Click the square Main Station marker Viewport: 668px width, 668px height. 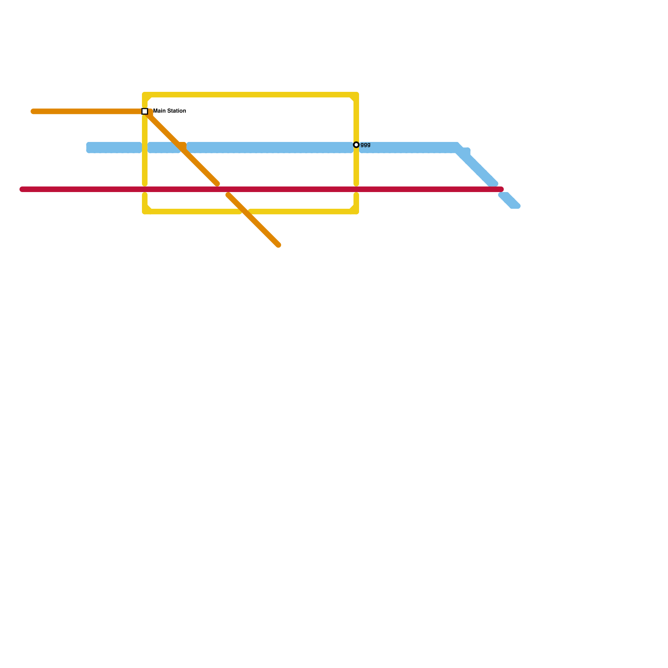[x=145, y=111]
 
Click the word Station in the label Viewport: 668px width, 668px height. [x=175, y=111]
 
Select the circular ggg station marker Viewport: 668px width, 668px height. [x=356, y=145]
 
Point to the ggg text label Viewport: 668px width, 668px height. [x=365, y=145]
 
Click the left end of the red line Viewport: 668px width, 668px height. [x=22, y=190]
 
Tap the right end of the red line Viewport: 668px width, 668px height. [x=501, y=190]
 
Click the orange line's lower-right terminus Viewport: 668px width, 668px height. [x=278, y=245]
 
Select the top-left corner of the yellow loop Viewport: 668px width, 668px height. [x=145, y=95]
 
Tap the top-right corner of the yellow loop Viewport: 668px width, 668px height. [x=356, y=95]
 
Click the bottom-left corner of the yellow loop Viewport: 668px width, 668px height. [x=145, y=212]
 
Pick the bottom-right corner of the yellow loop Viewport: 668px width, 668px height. [x=356, y=212]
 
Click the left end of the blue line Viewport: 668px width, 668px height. [x=89, y=148]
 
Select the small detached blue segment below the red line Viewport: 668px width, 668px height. [x=509, y=201]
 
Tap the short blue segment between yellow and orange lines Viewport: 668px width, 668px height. [x=164, y=148]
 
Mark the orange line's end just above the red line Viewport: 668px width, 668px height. [x=217, y=184]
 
